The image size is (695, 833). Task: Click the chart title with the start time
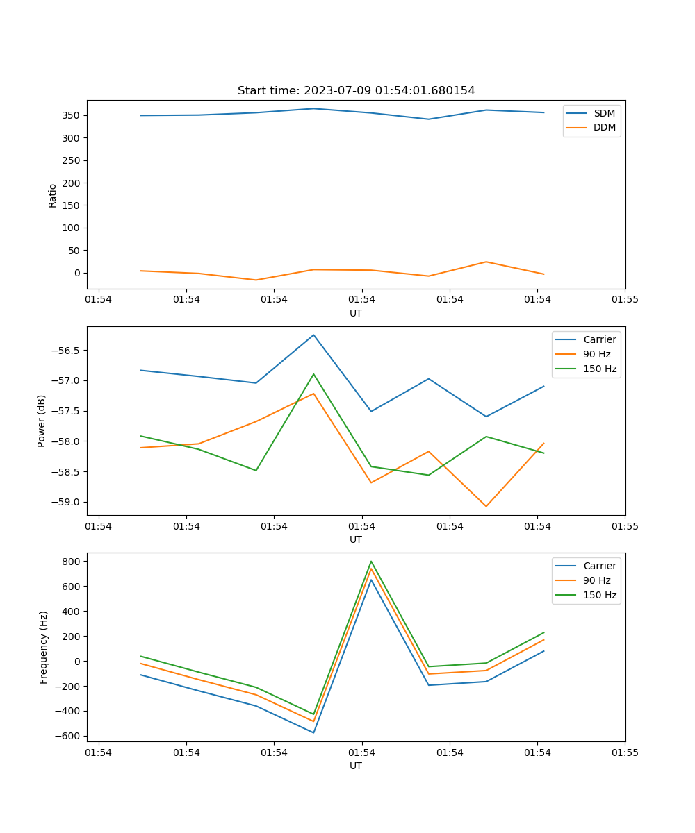(x=356, y=91)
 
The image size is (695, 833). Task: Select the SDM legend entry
(x=604, y=113)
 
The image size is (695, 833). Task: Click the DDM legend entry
(x=604, y=127)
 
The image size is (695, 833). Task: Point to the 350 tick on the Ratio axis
(x=72, y=115)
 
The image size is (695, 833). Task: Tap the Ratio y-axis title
(x=53, y=196)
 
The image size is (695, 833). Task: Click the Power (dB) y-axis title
(x=42, y=421)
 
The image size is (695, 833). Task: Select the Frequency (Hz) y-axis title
(x=43, y=647)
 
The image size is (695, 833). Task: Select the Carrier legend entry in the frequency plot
(x=599, y=566)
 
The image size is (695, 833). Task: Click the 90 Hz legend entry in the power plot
(x=596, y=354)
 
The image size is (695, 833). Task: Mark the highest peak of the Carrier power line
(x=313, y=335)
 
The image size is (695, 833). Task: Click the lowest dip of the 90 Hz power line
(x=486, y=506)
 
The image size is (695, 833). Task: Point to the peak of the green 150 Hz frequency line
(x=371, y=562)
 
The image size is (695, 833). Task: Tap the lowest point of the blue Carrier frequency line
(x=313, y=732)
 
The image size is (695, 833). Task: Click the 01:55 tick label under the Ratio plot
(x=624, y=300)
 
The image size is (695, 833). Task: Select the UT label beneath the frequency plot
(x=356, y=766)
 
